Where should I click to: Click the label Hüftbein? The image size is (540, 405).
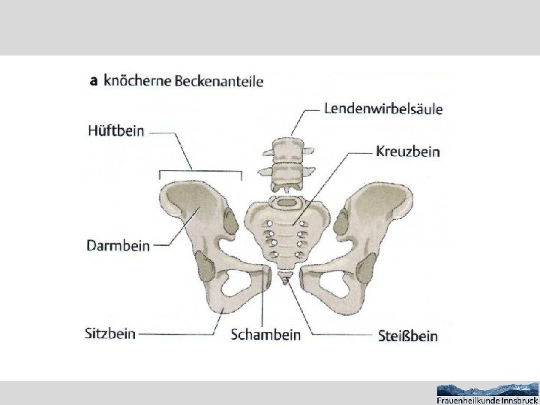117,130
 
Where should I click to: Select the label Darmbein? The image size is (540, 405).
119,244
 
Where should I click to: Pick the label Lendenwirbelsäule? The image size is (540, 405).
384,109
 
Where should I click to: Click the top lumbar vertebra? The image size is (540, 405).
283,145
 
